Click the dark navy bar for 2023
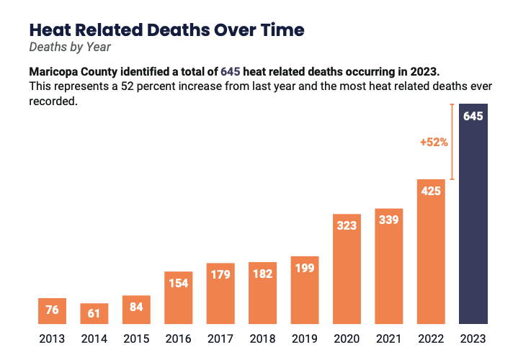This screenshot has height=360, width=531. click(x=473, y=216)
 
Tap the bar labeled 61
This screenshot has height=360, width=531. click(x=94, y=313)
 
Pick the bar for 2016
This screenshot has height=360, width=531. click(x=178, y=297)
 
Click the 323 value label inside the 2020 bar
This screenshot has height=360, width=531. click(x=347, y=225)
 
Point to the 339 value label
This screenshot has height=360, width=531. click(x=388, y=220)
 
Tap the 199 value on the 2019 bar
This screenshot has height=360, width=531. click(x=304, y=269)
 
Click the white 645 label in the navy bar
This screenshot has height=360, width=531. click(x=473, y=117)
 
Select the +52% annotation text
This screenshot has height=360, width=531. click(x=434, y=143)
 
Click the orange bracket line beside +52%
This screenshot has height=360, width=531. click(x=452, y=142)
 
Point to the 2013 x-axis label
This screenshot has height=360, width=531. click(x=51, y=338)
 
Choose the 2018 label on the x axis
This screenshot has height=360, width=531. click(x=262, y=338)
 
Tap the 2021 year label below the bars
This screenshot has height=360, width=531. click(x=388, y=338)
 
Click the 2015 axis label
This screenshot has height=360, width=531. click(x=136, y=338)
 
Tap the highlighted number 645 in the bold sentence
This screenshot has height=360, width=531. click(x=230, y=73)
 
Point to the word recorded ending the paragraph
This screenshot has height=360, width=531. click(x=52, y=102)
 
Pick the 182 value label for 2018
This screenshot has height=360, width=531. click(x=262, y=274)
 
